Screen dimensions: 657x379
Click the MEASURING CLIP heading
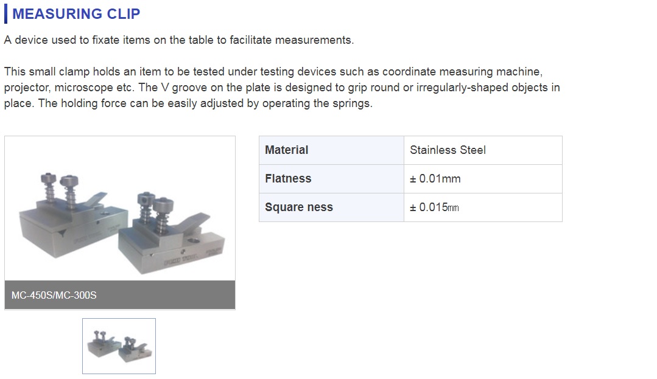[x=76, y=14]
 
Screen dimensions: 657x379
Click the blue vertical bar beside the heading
[x=5, y=14]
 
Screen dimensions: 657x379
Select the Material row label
[x=287, y=150]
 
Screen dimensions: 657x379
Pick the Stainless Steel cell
[x=448, y=150]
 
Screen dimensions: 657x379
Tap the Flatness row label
[x=288, y=178]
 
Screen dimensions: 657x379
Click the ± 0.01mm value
[x=435, y=179]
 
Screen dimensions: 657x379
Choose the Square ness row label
[x=299, y=207]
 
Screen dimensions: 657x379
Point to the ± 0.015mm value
[x=434, y=207]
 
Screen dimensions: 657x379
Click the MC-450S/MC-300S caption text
[x=54, y=295]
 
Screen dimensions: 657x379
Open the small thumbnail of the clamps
[x=119, y=346]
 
